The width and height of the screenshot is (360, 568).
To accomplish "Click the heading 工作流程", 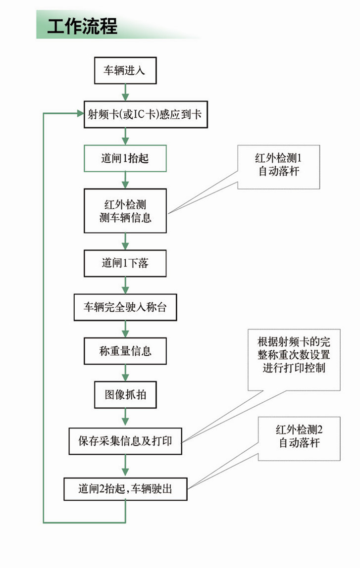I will [x=82, y=26].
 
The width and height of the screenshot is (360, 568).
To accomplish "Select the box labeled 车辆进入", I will [x=125, y=71].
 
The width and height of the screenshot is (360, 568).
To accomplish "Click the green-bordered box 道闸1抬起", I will [x=125, y=158].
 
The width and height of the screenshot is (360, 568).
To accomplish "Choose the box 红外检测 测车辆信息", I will [x=125, y=211].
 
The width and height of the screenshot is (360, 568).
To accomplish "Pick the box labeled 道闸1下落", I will [x=125, y=263].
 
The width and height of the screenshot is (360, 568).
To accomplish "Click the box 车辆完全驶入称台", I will [x=125, y=307].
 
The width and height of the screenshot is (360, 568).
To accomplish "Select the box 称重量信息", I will [x=125, y=351].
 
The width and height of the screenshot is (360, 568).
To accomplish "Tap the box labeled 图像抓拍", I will [x=125, y=395].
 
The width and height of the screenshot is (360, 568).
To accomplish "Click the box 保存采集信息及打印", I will [x=125, y=440].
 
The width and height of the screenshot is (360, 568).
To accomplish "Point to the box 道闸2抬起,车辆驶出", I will [x=125, y=489].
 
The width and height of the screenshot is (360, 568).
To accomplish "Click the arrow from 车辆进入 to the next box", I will [x=125, y=93].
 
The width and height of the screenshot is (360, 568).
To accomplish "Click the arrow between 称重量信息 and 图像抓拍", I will [x=125, y=374].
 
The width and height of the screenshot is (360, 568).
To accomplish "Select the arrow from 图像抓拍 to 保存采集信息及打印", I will [x=125, y=418].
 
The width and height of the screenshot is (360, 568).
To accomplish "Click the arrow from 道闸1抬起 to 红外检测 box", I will [x=125, y=180].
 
